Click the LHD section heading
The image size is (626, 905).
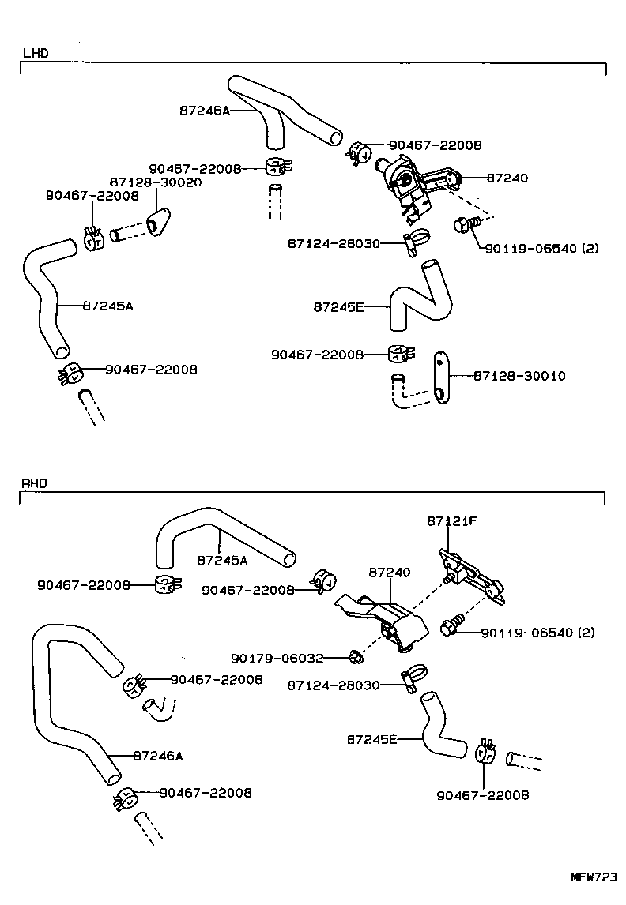click(x=36, y=54)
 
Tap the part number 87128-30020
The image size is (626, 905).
click(x=155, y=182)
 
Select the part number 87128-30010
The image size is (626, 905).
click(x=519, y=376)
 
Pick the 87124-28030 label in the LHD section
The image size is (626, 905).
click(x=334, y=245)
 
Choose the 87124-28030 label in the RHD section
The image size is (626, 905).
click(x=334, y=685)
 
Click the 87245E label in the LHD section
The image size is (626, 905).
click(x=338, y=306)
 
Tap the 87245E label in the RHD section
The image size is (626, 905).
click(x=371, y=740)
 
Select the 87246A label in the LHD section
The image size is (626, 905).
click(x=204, y=111)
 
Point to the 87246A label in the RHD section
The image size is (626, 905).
click(x=158, y=756)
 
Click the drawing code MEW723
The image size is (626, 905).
click(x=594, y=877)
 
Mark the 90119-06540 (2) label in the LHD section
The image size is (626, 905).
click(x=541, y=248)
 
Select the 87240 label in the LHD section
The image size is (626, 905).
click(x=507, y=179)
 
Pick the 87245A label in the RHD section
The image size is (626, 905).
click(x=222, y=560)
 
